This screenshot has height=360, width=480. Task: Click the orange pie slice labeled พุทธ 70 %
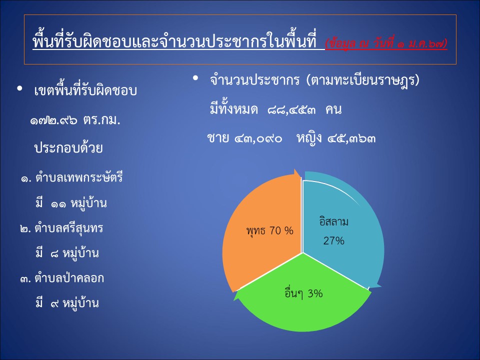coord(263,232)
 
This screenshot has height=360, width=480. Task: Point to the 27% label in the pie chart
coord(333,241)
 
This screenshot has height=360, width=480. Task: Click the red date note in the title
coord(386,44)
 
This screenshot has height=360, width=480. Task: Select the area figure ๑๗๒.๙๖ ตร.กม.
coord(75,120)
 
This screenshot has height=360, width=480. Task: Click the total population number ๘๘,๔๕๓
coord(291,110)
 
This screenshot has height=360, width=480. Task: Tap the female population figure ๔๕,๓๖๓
coord(351,139)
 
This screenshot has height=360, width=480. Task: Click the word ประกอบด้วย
coord(68,147)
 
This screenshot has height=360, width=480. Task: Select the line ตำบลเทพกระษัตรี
coord(79,177)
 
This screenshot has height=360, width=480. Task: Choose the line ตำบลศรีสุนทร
coord(69,228)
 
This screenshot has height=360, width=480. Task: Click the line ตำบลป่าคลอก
coord(69,278)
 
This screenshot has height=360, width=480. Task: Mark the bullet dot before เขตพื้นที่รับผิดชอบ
coord(20,88)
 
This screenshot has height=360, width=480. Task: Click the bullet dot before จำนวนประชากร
coord(195,78)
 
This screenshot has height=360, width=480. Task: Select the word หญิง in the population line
coord(309,138)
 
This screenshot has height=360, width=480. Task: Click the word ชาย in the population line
coord(218,138)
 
